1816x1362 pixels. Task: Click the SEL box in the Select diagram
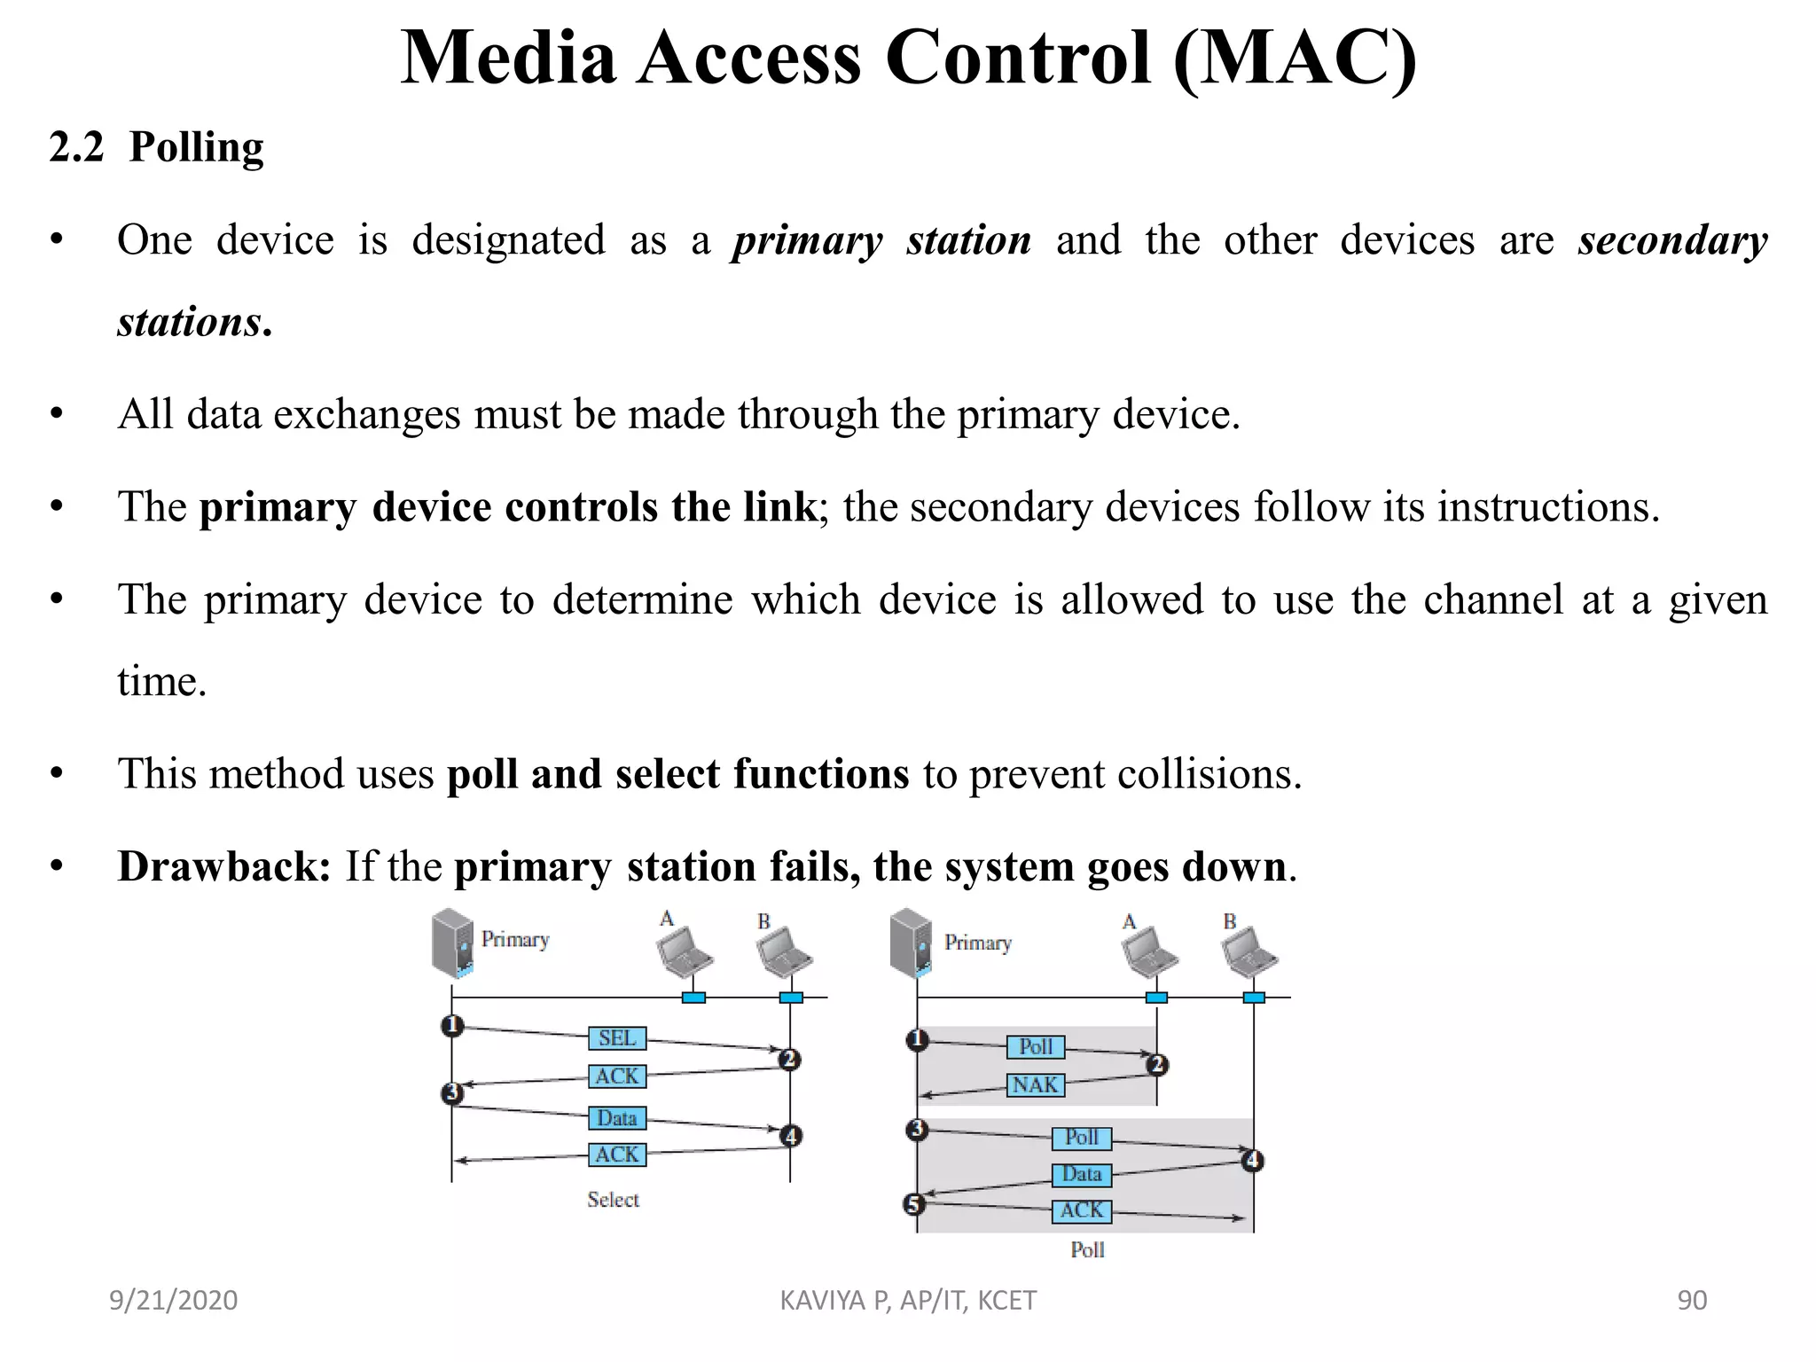tap(617, 1038)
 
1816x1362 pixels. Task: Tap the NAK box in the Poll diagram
tap(1035, 1085)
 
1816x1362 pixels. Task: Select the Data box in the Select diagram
tap(617, 1118)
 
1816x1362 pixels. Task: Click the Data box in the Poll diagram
tap(1081, 1175)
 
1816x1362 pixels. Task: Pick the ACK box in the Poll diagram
tap(1081, 1211)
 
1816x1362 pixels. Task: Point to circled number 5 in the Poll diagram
tap(914, 1204)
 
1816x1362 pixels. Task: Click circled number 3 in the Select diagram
tap(452, 1092)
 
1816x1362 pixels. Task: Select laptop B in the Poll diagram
tap(1248, 952)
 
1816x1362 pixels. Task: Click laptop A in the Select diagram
tap(685, 952)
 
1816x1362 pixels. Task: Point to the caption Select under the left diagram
tap(613, 1200)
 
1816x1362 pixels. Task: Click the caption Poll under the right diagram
tap(1087, 1250)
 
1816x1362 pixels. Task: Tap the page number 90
tap(1692, 1300)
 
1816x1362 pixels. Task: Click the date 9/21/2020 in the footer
tap(173, 1300)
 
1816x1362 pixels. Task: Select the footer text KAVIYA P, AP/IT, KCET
tap(907, 1300)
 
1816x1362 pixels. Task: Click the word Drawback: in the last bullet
tap(223, 866)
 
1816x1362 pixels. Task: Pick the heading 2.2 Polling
tap(157, 147)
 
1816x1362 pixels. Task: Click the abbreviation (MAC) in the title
tap(1294, 59)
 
